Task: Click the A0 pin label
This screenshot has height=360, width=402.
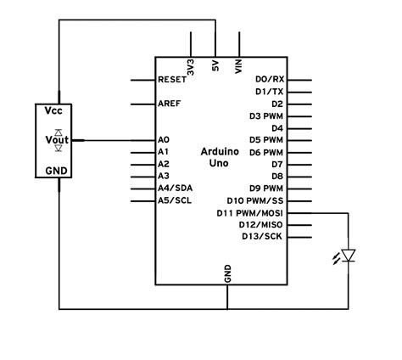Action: pos(164,139)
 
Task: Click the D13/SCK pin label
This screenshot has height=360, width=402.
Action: pos(263,236)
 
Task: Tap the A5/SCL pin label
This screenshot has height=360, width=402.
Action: pos(175,200)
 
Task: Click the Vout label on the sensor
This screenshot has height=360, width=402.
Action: pos(56,139)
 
